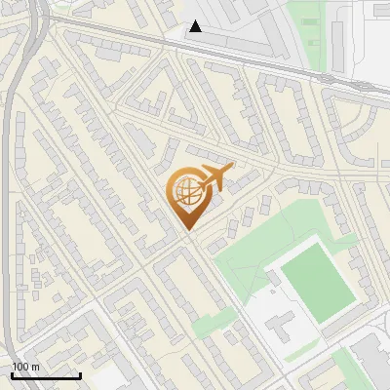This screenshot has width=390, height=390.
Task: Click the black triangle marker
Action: tap(196, 26)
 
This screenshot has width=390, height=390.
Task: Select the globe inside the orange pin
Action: tap(184, 191)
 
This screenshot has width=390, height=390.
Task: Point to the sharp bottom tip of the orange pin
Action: tap(187, 230)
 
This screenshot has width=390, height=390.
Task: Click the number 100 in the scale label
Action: tap(21, 367)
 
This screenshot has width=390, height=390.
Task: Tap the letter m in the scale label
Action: tap(35, 367)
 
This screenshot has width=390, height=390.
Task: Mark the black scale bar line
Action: tap(46, 376)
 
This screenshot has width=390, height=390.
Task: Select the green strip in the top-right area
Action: tap(311, 29)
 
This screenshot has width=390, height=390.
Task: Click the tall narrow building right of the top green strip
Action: tap(337, 39)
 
